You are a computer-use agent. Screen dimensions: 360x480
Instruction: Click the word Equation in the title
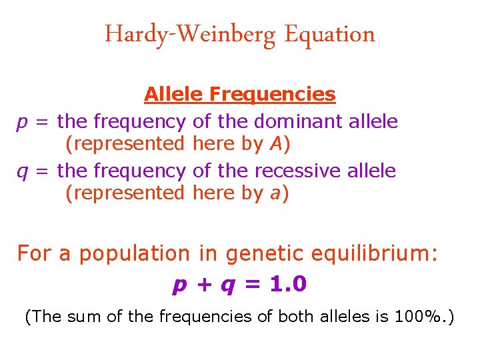tap(329, 35)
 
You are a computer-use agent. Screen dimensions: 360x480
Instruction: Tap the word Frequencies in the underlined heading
tap(272, 94)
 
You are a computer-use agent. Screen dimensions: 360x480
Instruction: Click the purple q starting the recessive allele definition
tap(21, 172)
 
